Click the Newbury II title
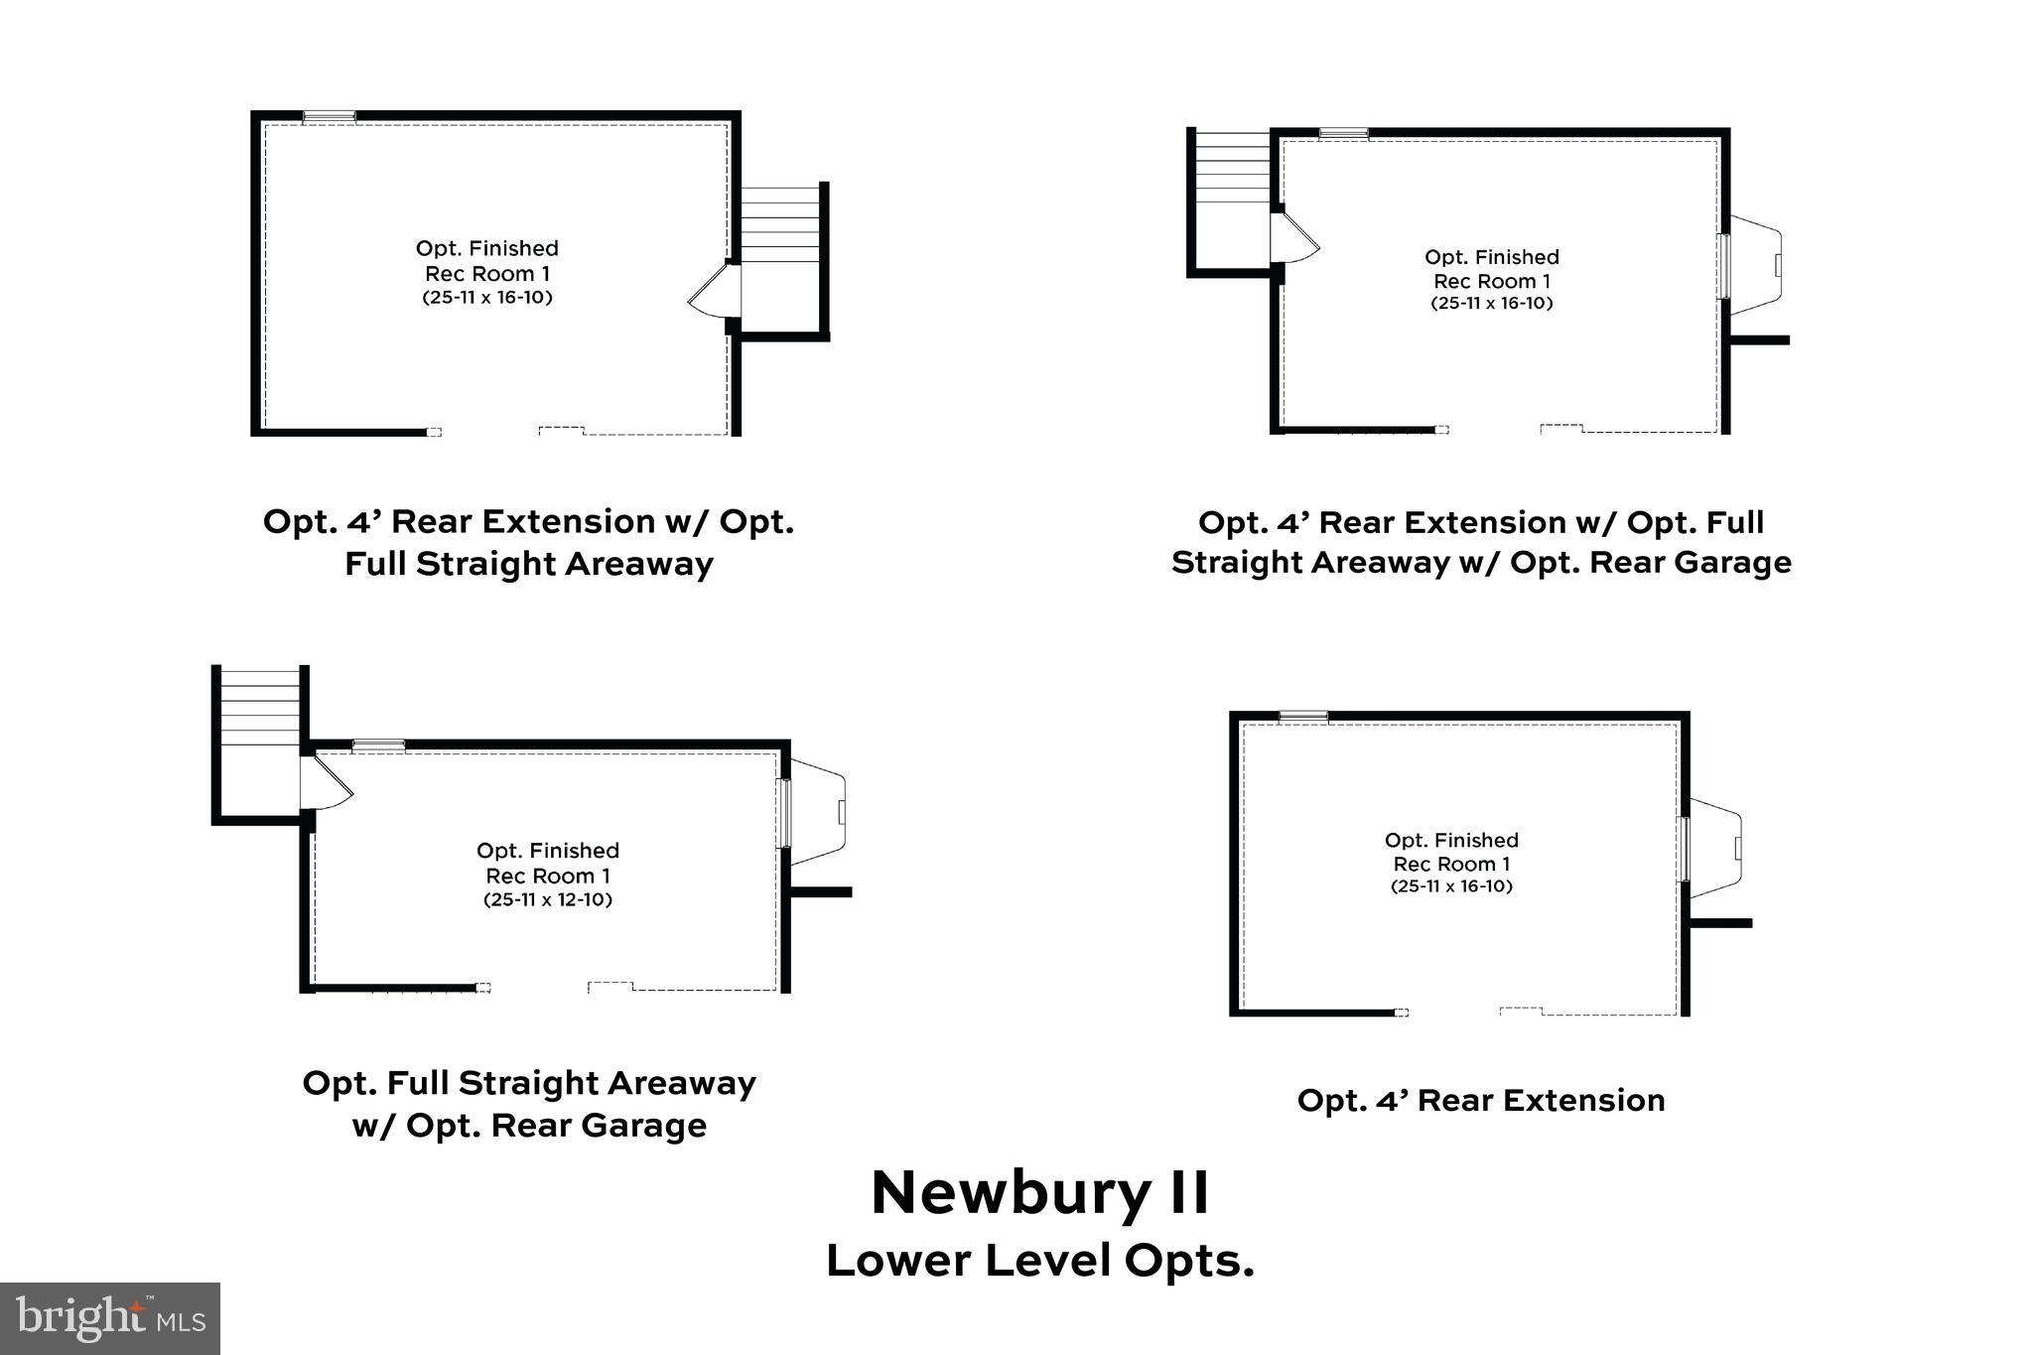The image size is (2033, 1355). pos(1040,1192)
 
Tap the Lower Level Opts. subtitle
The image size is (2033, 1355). pos(1040,1261)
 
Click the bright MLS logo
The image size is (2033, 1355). pos(109,1318)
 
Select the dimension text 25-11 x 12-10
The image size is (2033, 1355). pos(548,900)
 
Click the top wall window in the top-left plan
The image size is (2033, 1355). pos(329,116)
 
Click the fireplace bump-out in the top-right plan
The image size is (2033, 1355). pos(1755,265)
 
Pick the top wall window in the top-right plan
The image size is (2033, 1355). pos(1343,133)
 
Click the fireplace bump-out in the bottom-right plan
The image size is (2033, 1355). pos(1715,848)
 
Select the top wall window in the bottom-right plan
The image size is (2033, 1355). pos(1303,716)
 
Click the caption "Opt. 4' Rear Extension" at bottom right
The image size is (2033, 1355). pos(1480,1100)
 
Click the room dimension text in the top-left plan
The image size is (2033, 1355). pos(486,298)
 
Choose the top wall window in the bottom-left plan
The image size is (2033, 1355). pos(378,745)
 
